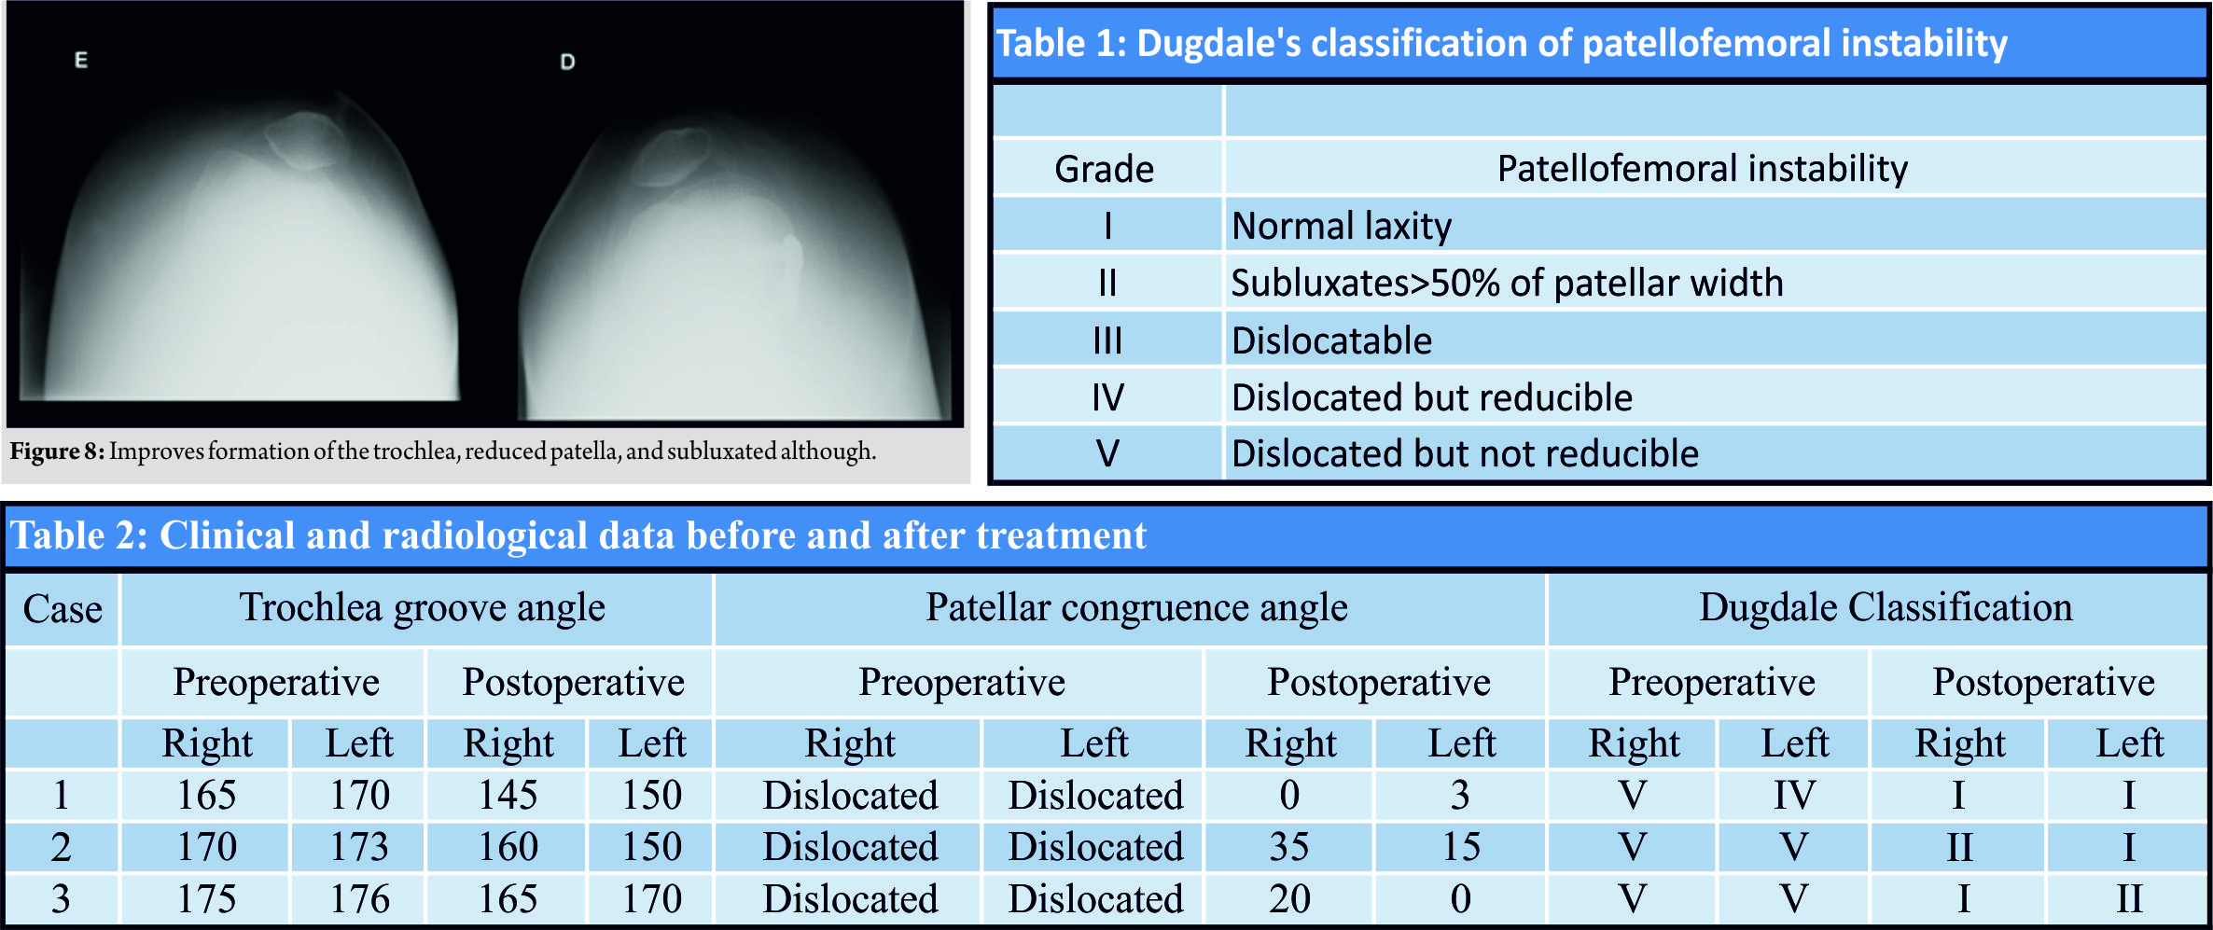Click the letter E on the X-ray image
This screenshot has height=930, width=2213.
tap(81, 61)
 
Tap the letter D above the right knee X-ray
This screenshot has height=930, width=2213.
tap(567, 62)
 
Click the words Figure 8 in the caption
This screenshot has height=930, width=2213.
tap(56, 451)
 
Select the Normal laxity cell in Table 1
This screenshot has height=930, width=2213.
tap(1342, 227)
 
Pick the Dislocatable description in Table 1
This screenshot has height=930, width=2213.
tap(1331, 341)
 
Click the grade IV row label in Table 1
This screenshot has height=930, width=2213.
tap(1107, 398)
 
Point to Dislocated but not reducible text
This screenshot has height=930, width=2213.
tap(1465, 454)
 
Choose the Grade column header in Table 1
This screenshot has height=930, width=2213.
tap(1104, 170)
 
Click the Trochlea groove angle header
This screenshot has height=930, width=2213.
tap(423, 608)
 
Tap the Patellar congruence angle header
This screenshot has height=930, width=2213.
tap(1136, 608)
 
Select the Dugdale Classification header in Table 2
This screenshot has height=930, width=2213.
tap(1886, 608)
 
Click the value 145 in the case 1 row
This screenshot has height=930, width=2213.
tap(508, 796)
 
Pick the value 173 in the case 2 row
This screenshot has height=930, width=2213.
tap(359, 847)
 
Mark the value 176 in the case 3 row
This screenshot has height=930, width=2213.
tap(359, 899)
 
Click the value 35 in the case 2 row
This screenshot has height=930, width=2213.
tap(1289, 847)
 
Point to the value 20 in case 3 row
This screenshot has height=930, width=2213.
tap(1289, 899)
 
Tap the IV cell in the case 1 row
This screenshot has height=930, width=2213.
tap(1794, 796)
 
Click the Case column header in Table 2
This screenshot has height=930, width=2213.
tap(63, 610)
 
